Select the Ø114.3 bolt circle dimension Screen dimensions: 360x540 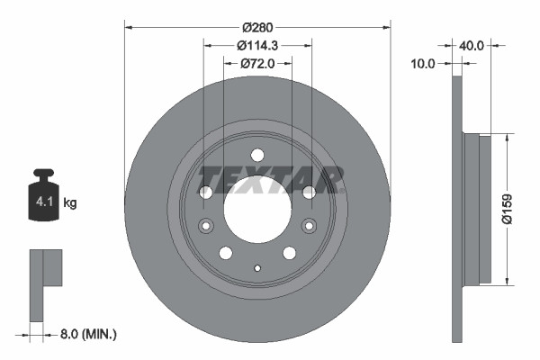257,45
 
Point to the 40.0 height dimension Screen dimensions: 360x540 473,43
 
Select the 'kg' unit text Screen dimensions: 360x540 72,203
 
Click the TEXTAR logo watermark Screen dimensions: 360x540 271,179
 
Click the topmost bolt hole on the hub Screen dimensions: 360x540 257,154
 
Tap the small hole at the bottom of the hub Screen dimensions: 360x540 257,267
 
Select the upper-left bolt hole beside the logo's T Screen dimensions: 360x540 205,192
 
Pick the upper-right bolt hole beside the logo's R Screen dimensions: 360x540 310,192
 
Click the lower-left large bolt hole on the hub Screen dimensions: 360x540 225,253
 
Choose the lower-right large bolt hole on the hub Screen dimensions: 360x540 290,253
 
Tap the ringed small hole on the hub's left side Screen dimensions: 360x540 204,226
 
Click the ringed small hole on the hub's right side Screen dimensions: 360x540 310,226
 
